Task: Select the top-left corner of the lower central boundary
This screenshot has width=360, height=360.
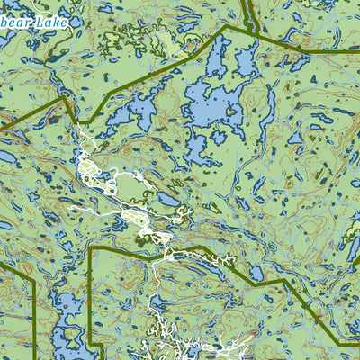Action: pos(90,245)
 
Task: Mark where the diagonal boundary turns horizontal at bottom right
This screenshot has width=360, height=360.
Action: pos(340,344)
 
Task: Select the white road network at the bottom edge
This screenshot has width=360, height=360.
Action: pos(180,346)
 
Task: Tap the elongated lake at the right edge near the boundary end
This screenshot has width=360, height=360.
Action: pos(353,247)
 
